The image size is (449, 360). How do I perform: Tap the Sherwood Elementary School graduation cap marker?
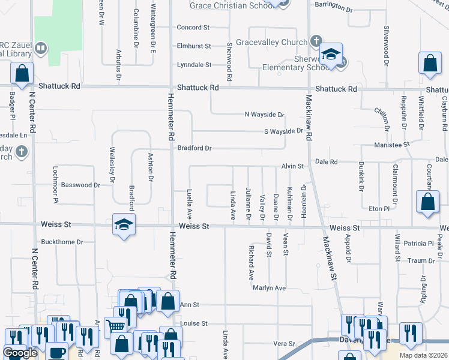pos(330,55)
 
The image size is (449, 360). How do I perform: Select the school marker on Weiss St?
pos(124,226)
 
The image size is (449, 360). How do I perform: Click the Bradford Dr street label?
pos(194,148)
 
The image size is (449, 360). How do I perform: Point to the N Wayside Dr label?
pos(264,114)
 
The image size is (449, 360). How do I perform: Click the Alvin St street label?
pos(294,166)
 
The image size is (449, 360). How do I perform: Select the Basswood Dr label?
pos(80,185)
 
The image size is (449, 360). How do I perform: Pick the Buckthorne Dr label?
pos(62,242)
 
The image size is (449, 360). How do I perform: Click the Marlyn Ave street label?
pos(268,288)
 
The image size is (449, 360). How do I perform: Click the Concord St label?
pos(193,28)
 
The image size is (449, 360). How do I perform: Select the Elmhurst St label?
pos(194,46)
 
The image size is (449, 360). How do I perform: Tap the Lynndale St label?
pos(194,64)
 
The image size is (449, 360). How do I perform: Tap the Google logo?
pos(19,353)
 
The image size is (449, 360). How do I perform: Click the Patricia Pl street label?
pos(418,244)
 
